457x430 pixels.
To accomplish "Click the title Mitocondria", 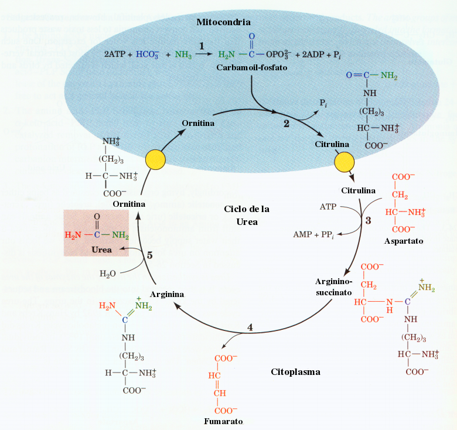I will tap(223, 22).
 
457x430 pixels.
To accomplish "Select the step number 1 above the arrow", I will tap(201, 45).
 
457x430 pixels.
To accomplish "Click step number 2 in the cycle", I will tap(286, 124).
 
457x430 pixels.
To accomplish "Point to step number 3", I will tap(368, 221).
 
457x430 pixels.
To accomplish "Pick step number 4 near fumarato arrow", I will tap(250, 327).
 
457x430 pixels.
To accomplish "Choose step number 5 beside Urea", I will tap(149, 255).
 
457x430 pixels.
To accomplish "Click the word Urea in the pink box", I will tap(101, 250).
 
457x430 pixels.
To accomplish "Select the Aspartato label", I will tap(403, 241).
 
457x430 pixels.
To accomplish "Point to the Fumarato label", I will tap(223, 421).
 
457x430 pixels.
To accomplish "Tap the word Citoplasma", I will tap(296, 372).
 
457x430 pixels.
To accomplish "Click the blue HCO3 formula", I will tap(147, 55).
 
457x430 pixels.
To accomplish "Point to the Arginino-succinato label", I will tap(332, 285).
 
